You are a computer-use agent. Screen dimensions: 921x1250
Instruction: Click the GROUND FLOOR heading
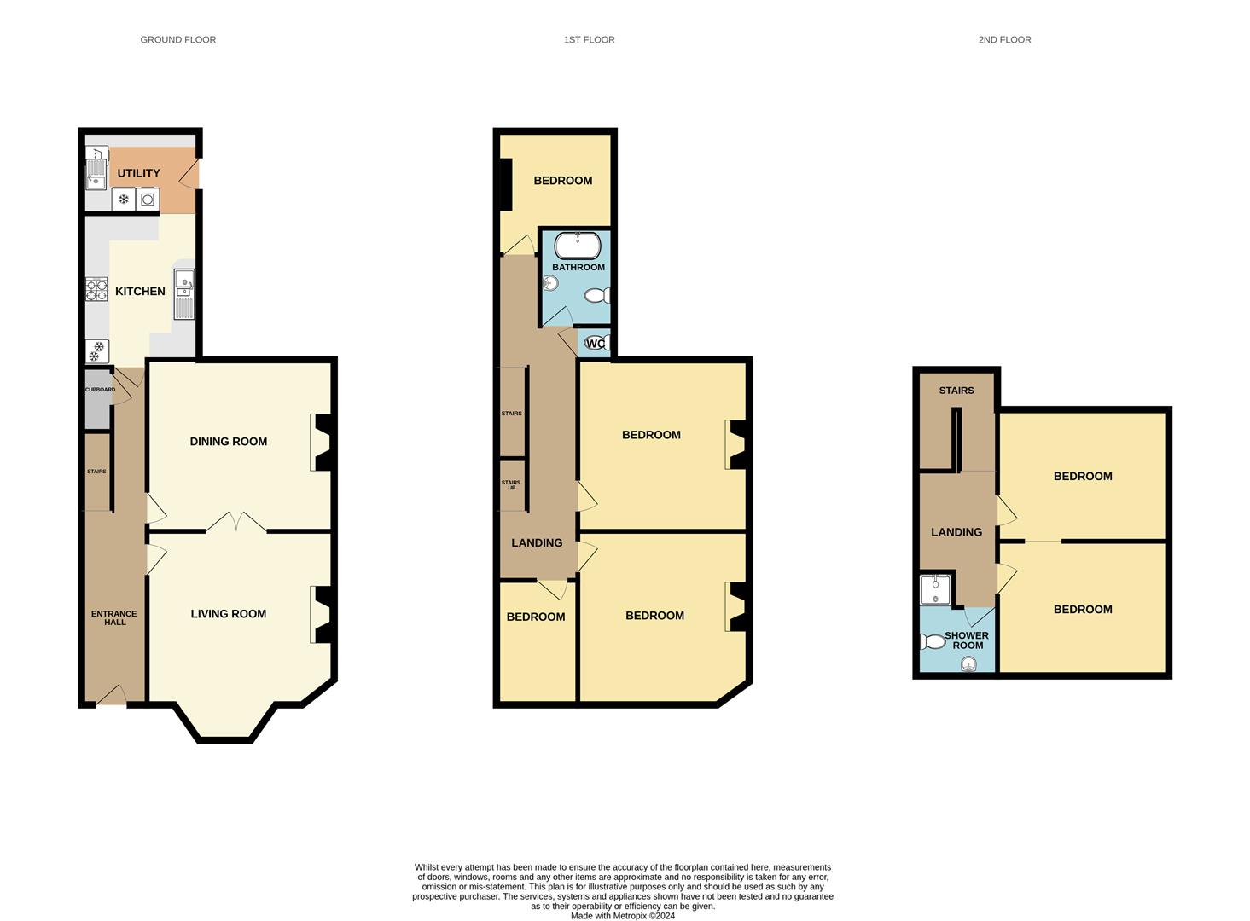[177, 39]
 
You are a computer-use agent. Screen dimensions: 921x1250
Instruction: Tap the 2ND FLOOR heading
[1004, 39]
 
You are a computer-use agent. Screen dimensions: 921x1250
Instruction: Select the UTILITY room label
[138, 173]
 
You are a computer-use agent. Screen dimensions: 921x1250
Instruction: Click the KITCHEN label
[140, 292]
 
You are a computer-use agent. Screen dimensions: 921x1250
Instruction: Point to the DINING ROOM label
[228, 442]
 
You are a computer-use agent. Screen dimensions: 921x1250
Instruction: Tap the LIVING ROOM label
[228, 614]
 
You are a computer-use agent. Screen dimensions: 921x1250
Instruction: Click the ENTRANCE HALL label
[114, 617]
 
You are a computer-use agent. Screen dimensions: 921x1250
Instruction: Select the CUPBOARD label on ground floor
[100, 390]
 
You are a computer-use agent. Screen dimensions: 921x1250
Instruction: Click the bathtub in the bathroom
[578, 246]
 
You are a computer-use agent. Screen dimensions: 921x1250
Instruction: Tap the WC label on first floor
[596, 344]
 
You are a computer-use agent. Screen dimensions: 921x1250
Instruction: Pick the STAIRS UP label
[511, 484]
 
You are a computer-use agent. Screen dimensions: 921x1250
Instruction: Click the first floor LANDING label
[537, 542]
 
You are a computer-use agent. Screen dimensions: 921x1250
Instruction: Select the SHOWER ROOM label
[967, 640]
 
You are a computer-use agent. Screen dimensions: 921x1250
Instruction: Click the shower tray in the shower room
[935, 589]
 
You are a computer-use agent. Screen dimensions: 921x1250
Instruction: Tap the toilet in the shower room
[932, 641]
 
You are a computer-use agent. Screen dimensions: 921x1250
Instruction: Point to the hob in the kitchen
[96, 290]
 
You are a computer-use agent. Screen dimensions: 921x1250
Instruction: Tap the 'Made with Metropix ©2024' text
[623, 916]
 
